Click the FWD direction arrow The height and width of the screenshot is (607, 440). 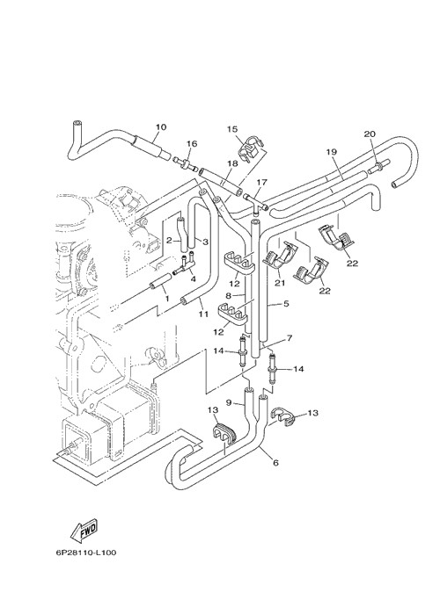[84, 531]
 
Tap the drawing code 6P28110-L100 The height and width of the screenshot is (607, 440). [85, 552]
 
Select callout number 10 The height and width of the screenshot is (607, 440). [161, 127]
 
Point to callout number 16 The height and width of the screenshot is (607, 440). [192, 143]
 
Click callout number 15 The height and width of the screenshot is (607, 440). [232, 129]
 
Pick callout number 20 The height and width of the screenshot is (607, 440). [370, 134]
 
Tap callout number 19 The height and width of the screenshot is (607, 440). [332, 152]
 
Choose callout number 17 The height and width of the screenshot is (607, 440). [262, 182]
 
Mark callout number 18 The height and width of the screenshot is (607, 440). [232, 163]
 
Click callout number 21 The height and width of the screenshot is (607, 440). [280, 283]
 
